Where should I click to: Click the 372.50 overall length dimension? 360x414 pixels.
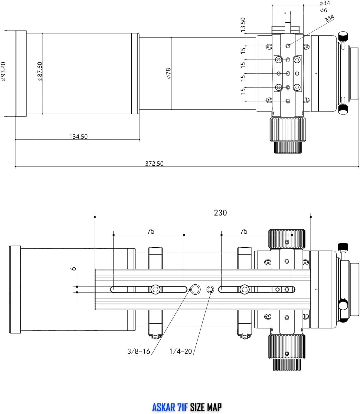coord(154,163)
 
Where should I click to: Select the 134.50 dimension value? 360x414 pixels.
coord(78,137)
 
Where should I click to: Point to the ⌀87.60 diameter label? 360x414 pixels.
coord(40,71)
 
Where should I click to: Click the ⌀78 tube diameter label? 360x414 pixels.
coord(169,73)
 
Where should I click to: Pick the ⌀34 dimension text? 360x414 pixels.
coord(325,3)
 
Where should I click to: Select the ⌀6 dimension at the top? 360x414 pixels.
coord(323,10)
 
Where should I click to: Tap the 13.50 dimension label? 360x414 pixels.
coord(243,25)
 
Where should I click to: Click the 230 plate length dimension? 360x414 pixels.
coord(220,213)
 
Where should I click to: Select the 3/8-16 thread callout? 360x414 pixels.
coord(139,351)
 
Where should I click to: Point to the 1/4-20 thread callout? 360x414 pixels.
coord(181,351)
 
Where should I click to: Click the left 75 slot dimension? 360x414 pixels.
coord(151,231)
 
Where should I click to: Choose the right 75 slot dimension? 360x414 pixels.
coord(244,231)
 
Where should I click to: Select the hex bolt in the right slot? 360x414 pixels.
coord(244,289)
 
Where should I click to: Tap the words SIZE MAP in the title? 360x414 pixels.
coord(206,407)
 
